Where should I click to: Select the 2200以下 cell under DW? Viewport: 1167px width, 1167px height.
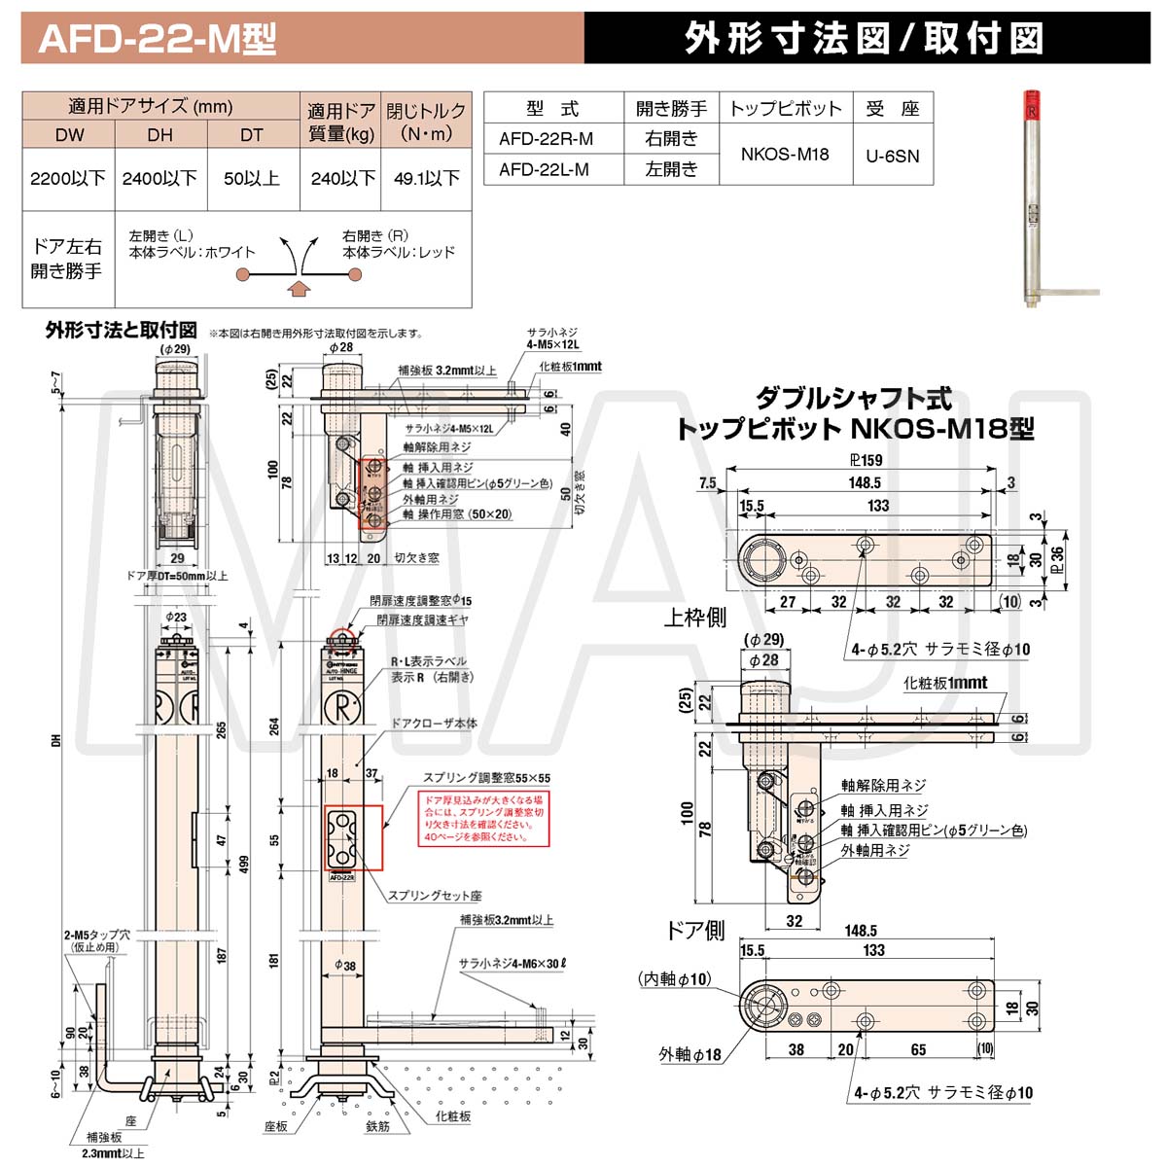(68, 178)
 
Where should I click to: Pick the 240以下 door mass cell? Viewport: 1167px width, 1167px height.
(342, 178)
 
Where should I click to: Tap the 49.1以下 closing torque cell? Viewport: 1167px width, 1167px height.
(426, 178)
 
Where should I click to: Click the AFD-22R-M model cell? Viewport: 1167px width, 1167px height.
(546, 139)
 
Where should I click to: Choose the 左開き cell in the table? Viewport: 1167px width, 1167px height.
(671, 169)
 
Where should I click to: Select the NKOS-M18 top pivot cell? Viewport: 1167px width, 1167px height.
(785, 154)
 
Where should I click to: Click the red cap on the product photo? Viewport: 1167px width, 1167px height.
(1031, 103)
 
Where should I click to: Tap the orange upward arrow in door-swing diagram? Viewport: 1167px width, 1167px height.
(300, 287)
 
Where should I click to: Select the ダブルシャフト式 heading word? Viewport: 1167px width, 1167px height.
(854, 398)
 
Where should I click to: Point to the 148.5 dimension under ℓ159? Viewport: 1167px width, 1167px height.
(864, 482)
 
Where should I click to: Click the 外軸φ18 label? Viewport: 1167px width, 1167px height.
(690, 1054)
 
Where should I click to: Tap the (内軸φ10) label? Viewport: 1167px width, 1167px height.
(675, 978)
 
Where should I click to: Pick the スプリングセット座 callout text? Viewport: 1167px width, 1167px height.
(435, 896)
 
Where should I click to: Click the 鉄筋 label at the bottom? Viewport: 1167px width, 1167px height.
(378, 1126)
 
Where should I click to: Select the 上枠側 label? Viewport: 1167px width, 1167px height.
(694, 618)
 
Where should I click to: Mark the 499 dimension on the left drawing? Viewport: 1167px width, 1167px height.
(244, 864)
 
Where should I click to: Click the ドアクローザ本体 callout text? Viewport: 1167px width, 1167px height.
(434, 724)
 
